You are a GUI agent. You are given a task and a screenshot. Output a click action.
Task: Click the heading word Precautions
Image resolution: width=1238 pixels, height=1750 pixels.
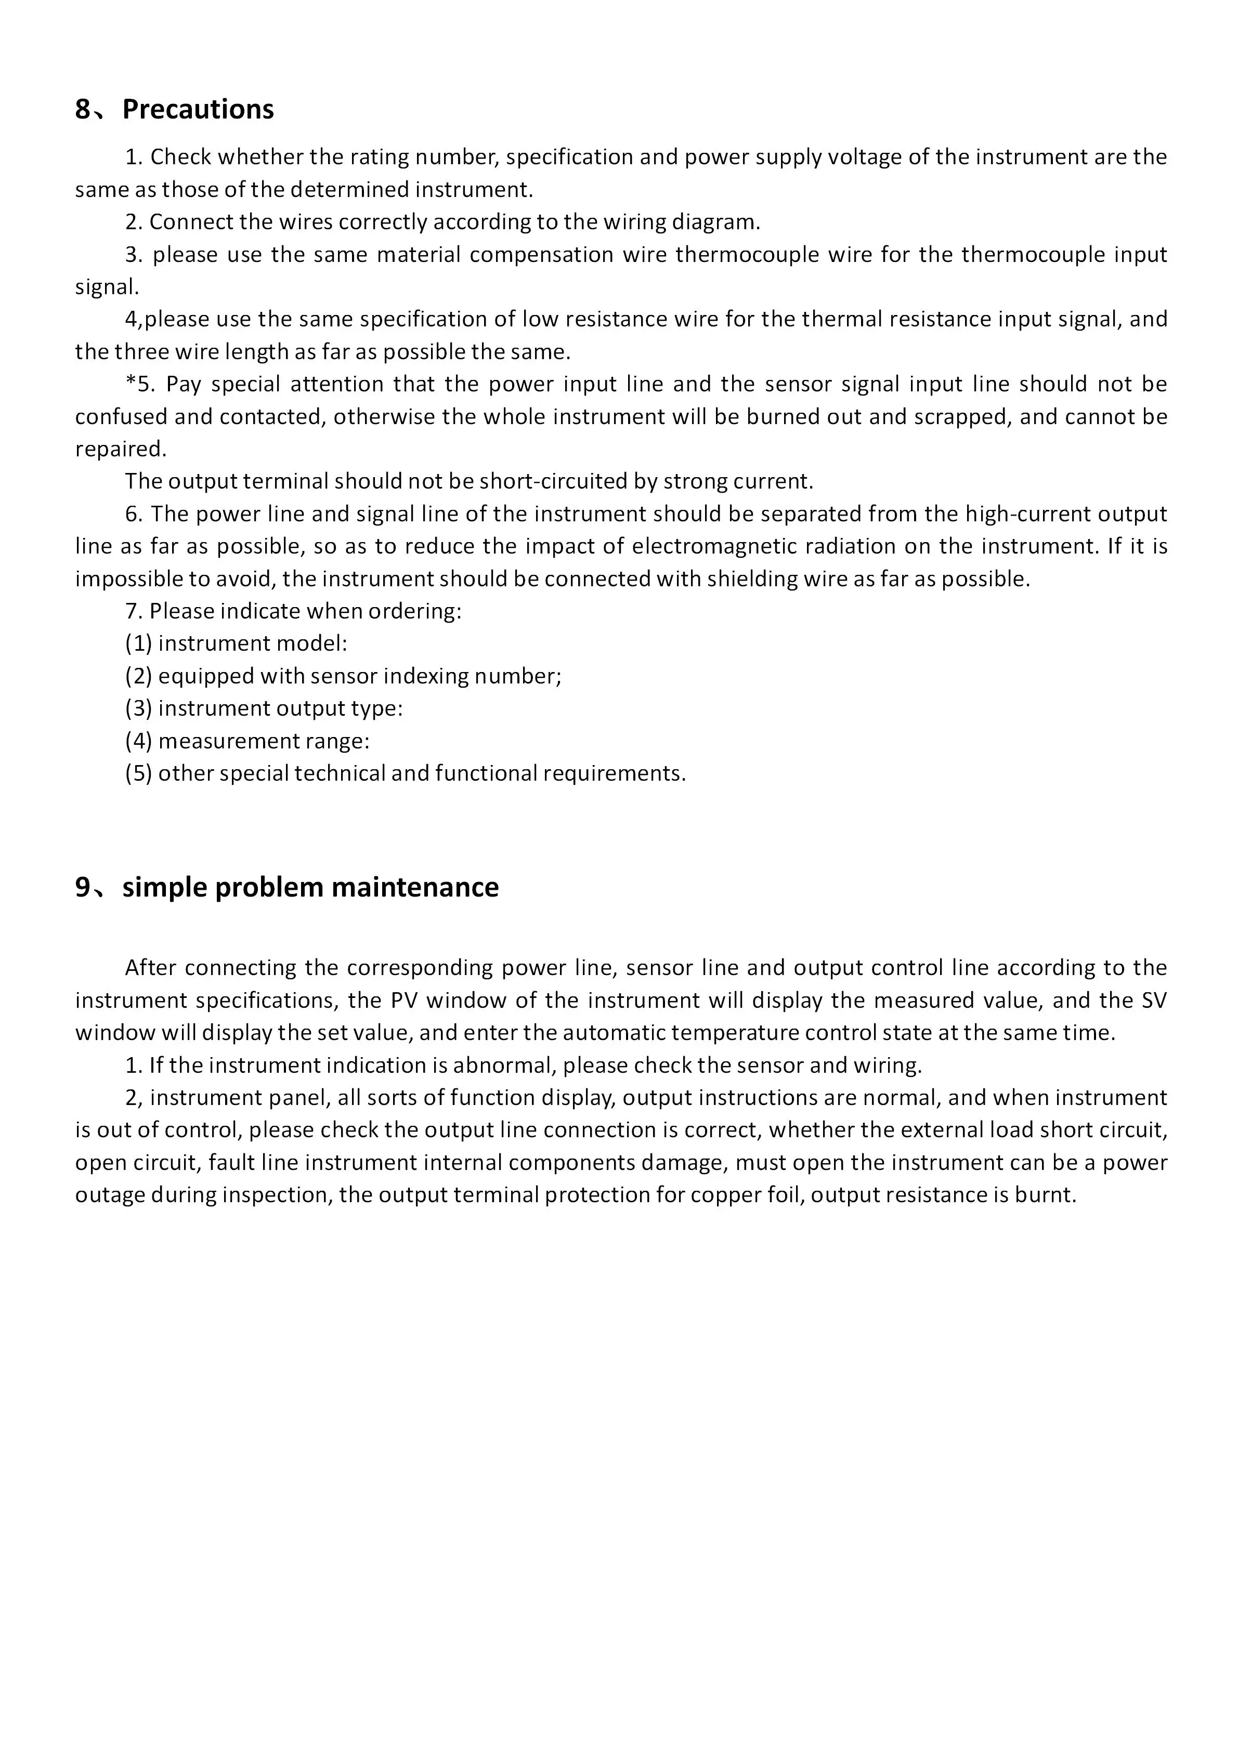[x=198, y=110]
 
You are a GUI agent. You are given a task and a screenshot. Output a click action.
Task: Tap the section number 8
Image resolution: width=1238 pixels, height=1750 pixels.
[x=82, y=110]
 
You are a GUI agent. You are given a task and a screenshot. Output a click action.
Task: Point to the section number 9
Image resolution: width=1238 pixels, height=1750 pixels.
[x=82, y=887]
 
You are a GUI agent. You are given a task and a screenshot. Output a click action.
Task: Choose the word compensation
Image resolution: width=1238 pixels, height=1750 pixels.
[x=541, y=255]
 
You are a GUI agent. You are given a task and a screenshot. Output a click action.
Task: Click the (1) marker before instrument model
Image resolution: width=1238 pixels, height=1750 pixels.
[x=139, y=644]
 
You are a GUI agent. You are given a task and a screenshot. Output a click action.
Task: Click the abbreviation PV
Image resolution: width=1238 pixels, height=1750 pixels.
[x=403, y=1000]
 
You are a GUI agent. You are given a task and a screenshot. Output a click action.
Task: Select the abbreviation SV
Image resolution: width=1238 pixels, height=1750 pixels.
[x=1154, y=1000]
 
